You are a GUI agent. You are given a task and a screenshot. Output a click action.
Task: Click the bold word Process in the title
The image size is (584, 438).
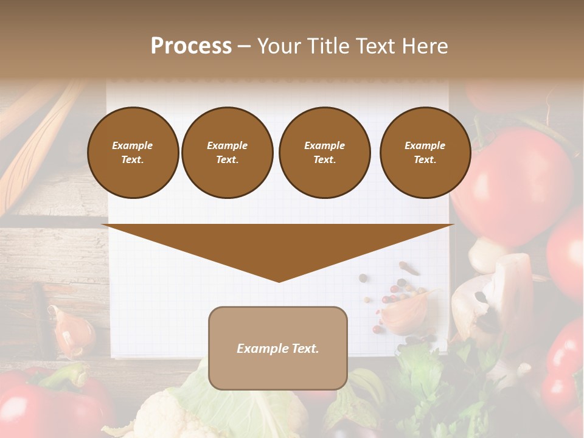[191, 46]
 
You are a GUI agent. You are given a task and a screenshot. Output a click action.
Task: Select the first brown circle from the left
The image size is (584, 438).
[133, 153]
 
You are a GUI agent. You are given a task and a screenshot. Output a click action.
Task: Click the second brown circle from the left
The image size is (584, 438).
[228, 153]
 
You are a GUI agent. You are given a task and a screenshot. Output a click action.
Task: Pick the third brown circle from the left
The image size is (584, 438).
[324, 153]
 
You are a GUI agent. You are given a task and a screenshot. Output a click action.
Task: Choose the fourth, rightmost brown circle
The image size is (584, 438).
[425, 153]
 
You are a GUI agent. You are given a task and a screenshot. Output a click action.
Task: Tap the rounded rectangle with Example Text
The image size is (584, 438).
[278, 348]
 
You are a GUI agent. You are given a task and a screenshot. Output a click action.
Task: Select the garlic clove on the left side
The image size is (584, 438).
[71, 332]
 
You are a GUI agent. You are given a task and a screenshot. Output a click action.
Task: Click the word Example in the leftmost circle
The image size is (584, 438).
[133, 145]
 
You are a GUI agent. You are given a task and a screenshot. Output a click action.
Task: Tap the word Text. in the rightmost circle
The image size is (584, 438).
[425, 160]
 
